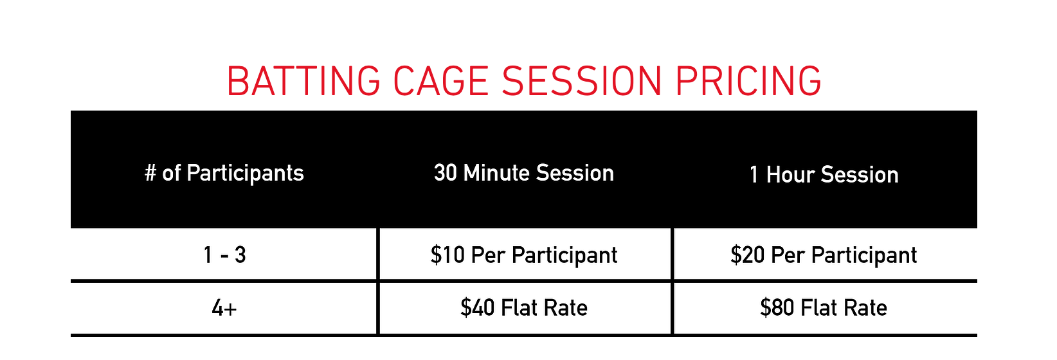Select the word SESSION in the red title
click(x=582, y=82)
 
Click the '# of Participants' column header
click(x=224, y=173)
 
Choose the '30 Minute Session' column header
click(x=524, y=173)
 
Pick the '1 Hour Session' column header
click(x=824, y=175)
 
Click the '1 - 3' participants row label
click(x=224, y=255)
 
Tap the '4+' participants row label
click(x=224, y=309)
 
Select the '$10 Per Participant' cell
click(x=524, y=255)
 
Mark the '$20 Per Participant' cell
click(x=824, y=255)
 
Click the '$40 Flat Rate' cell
click(x=524, y=308)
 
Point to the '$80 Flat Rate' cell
click(x=824, y=308)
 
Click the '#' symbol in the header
click(x=151, y=173)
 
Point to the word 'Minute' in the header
click(x=497, y=173)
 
